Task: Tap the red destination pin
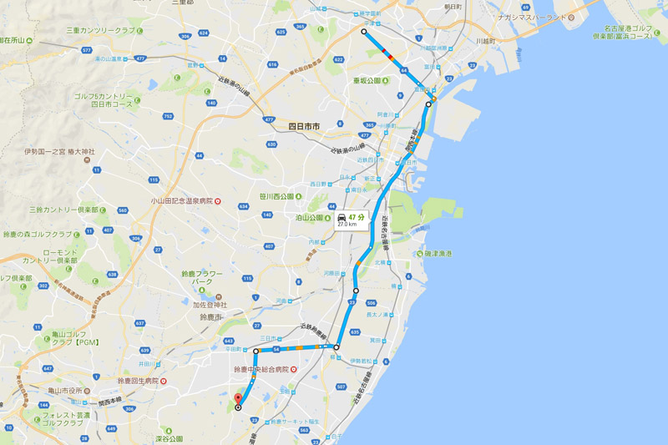(237, 398)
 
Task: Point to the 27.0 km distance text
(347, 225)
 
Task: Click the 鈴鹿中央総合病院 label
(261, 368)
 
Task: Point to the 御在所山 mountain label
(17, 39)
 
